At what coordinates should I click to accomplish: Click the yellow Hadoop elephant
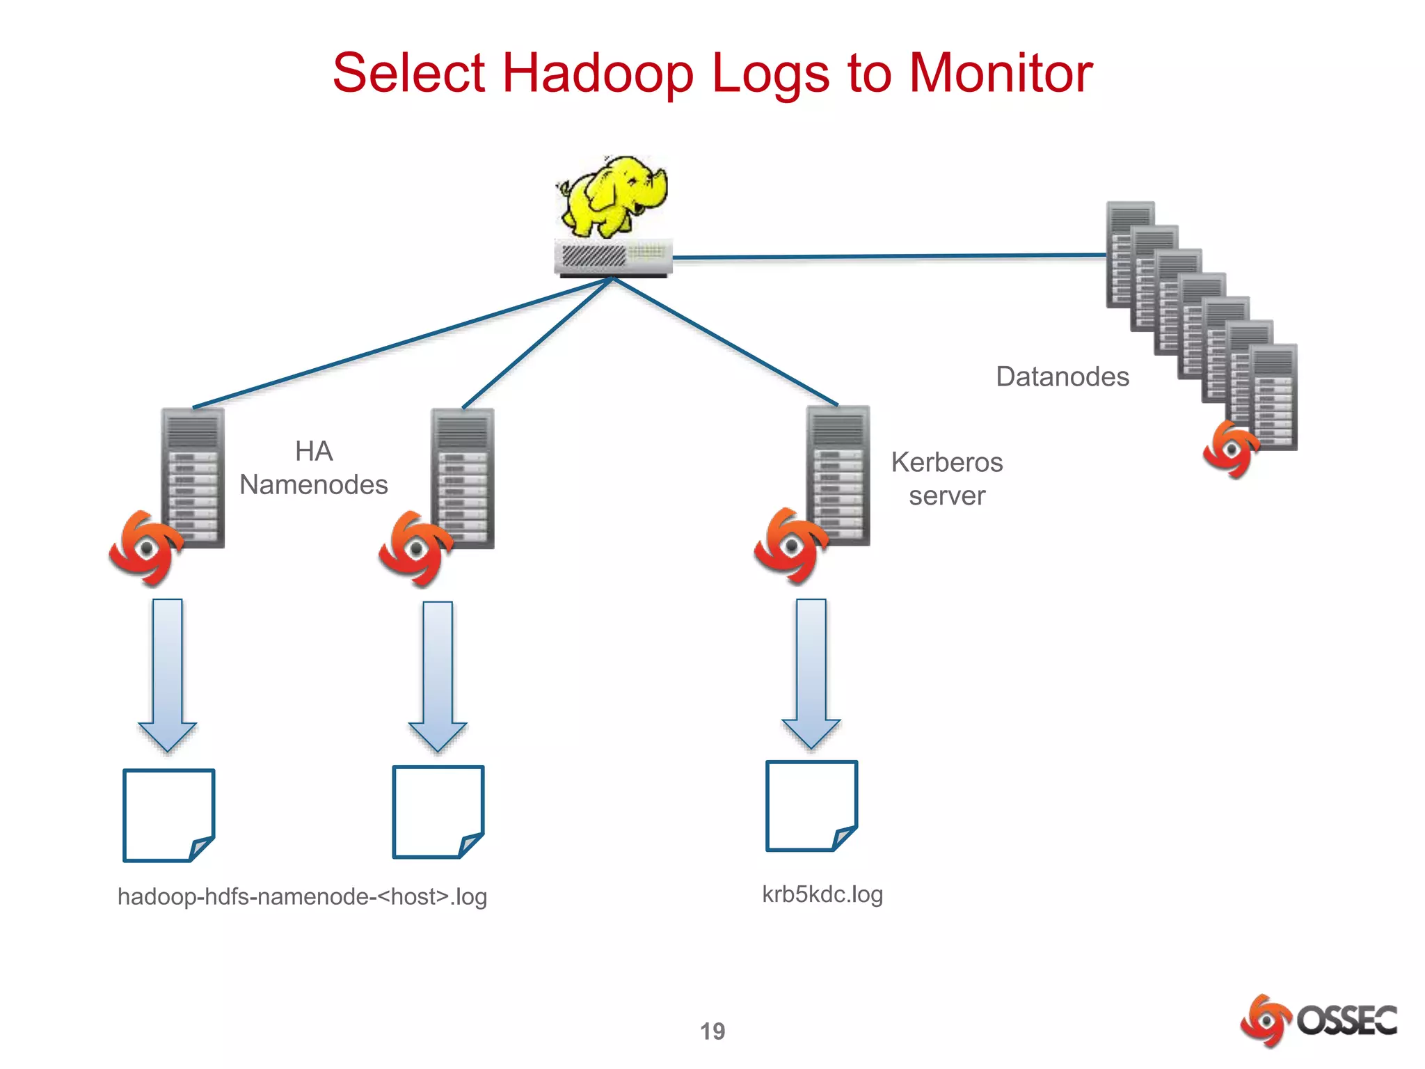[612, 196]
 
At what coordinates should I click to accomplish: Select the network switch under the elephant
[613, 258]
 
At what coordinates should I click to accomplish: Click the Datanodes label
[1062, 377]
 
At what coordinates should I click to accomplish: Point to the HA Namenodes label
[313, 468]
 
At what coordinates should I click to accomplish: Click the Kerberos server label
[946, 479]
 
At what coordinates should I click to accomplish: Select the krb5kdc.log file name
[822, 894]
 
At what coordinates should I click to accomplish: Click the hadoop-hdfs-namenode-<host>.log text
[302, 896]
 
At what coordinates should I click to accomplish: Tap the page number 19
[712, 1031]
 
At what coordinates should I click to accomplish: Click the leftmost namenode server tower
[193, 477]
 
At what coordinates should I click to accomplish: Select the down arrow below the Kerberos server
[811, 672]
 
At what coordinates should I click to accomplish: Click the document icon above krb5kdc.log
[811, 805]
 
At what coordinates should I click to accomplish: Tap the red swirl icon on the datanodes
[1230, 450]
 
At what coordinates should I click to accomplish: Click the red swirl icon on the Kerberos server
[790, 546]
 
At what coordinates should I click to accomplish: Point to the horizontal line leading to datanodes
[891, 257]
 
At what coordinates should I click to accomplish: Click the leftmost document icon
[168, 815]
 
